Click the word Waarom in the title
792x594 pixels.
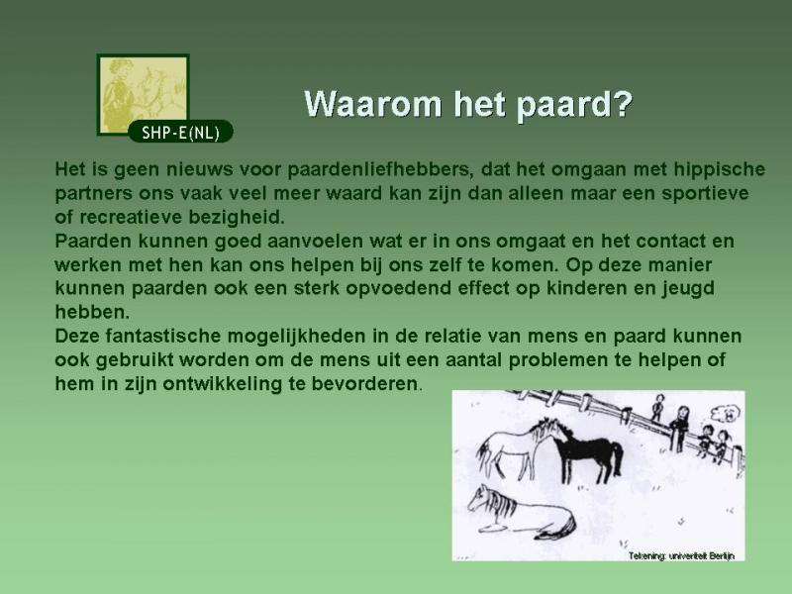[373, 104]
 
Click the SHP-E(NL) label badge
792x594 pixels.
[180, 132]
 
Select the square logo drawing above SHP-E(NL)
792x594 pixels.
[143, 94]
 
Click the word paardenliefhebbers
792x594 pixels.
[381, 169]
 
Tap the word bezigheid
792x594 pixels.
[237, 217]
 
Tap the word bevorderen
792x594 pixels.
[364, 384]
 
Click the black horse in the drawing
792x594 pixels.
[588, 450]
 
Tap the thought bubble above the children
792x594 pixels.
[726, 413]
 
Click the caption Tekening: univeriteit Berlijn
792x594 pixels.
[681, 555]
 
